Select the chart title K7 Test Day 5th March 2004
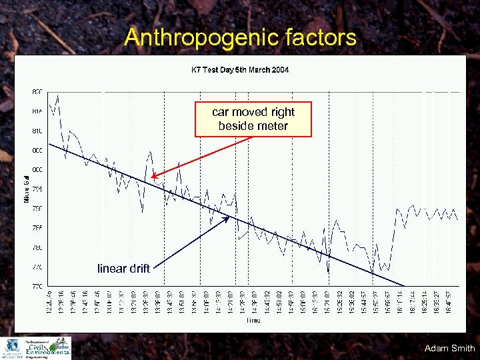click(240, 69)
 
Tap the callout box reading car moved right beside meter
click(253, 119)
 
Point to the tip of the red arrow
click(152, 177)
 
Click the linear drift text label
click(123, 269)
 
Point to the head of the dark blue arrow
click(230, 217)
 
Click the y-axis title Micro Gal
click(27, 187)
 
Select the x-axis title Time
click(253, 321)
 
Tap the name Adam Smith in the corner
click(449, 348)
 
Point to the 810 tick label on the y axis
click(37, 131)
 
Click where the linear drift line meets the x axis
click(403, 286)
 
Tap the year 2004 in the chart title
click(279, 69)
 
